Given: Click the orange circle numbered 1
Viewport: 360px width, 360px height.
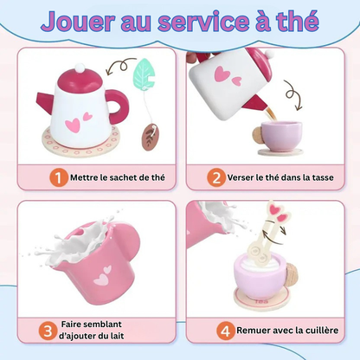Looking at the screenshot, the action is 59,177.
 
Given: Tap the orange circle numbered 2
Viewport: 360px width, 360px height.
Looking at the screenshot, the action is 216,177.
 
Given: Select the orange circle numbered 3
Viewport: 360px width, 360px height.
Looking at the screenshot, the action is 48,331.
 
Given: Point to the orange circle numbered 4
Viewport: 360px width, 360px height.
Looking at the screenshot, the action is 226,331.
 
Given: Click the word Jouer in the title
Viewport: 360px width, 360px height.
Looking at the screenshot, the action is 79,22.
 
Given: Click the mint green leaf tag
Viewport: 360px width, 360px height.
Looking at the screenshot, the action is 144,74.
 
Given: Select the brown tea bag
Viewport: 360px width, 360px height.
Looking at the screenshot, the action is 151,137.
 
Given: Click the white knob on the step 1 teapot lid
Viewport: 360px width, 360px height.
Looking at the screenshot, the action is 80,68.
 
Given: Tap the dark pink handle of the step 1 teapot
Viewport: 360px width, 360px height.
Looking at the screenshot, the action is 119,106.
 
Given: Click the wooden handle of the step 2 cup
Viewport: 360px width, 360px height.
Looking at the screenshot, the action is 257,136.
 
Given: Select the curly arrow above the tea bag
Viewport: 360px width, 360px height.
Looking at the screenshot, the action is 120,66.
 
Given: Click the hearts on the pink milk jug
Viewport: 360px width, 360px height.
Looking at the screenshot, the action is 103,275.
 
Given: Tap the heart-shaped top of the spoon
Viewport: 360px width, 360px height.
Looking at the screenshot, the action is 278,211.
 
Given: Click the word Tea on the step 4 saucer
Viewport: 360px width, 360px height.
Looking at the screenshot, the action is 261,302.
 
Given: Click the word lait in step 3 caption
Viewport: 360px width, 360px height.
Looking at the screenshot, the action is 118,336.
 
